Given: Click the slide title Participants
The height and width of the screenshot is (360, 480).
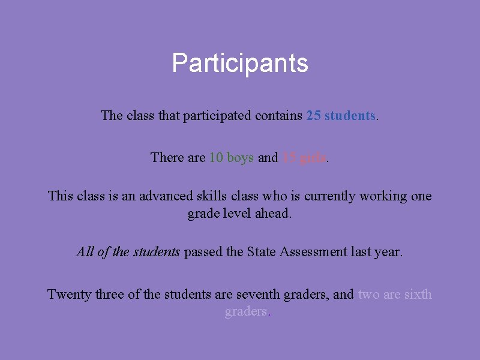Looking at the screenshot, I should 240,63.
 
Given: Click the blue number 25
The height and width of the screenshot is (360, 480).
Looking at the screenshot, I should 313,115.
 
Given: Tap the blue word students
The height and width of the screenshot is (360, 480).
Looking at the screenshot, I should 350,115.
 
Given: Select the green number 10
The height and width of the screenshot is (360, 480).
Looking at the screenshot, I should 216,157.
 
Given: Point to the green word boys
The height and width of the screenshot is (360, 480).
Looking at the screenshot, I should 240,157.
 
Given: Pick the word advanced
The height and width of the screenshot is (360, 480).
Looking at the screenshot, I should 167,196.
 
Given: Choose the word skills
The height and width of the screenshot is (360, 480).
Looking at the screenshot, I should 214,196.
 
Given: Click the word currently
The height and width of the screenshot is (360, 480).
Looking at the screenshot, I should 331,196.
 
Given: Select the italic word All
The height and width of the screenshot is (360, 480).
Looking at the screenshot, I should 85,252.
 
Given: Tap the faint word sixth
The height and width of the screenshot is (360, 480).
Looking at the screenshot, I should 418,294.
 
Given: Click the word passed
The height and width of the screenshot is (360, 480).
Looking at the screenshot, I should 204,252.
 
